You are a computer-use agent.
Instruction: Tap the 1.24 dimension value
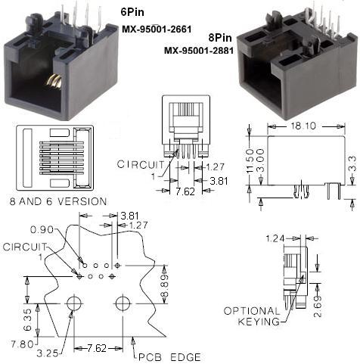pos(275,239)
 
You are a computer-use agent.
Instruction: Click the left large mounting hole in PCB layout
pos(74,304)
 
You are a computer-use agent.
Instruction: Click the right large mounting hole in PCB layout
pos(122,304)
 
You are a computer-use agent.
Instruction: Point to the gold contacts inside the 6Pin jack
pos(54,82)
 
